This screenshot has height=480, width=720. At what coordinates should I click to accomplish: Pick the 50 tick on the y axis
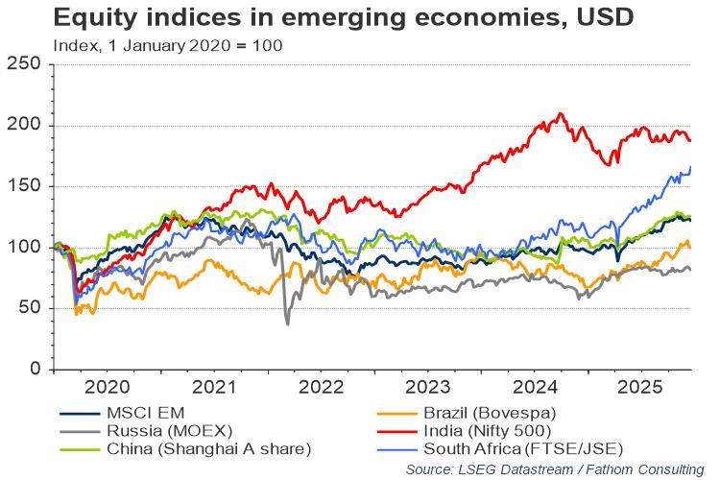[29, 308]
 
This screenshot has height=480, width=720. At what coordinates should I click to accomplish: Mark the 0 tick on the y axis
[35, 370]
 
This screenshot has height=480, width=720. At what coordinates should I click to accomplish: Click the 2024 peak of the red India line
[560, 114]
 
